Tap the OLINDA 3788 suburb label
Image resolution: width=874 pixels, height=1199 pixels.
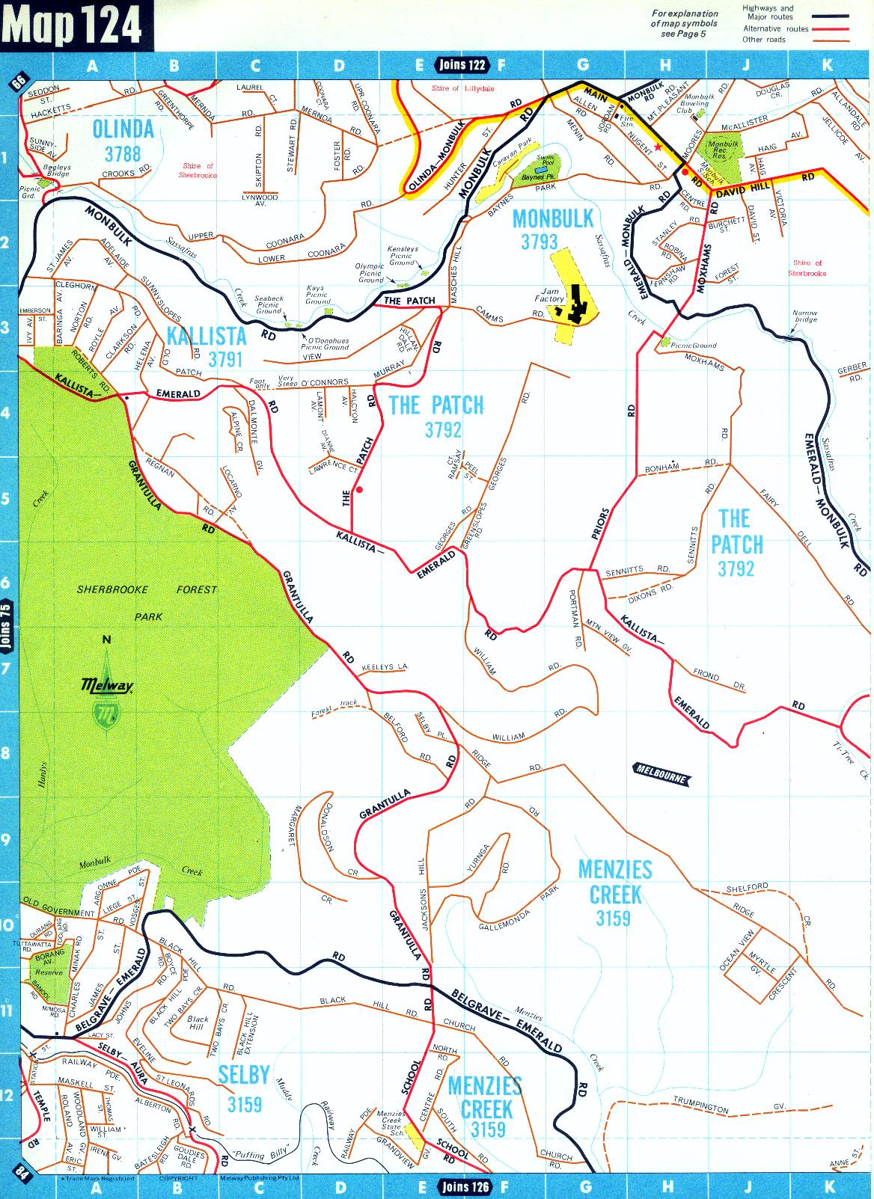123,141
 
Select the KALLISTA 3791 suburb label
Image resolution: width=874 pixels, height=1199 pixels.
207,347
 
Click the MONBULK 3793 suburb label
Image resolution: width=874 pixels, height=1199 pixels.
552,229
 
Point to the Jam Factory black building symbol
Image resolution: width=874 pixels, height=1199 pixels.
577,304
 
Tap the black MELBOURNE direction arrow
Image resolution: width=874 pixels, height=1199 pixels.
661,774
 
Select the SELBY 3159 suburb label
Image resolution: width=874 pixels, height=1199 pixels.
244,1088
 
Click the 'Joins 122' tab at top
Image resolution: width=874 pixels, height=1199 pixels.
462,65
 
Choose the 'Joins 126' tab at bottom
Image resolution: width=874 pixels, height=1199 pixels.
465,1186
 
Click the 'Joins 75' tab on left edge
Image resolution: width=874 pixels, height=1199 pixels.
7,625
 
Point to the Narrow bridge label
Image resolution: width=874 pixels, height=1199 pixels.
804,316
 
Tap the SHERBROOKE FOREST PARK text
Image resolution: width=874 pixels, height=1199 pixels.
147,602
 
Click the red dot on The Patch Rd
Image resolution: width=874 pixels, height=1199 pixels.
360,490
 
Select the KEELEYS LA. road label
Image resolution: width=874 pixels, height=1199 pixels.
385,666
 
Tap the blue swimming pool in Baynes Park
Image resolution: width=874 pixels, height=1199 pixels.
540,170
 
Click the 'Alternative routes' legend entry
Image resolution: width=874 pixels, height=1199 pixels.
775,29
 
